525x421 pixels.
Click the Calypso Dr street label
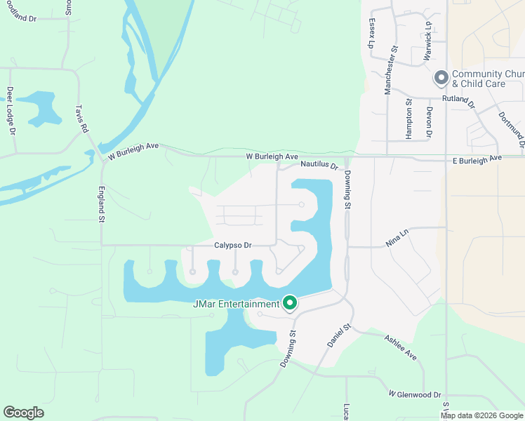(233, 246)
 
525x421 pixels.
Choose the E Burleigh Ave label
(477, 159)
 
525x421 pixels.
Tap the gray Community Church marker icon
(441, 78)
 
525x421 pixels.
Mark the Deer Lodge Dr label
(11, 111)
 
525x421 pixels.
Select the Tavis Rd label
(82, 119)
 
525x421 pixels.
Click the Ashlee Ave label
(401, 347)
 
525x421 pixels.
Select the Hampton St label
(409, 111)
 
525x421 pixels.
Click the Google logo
(24, 413)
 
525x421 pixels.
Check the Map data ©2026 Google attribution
(481, 415)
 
